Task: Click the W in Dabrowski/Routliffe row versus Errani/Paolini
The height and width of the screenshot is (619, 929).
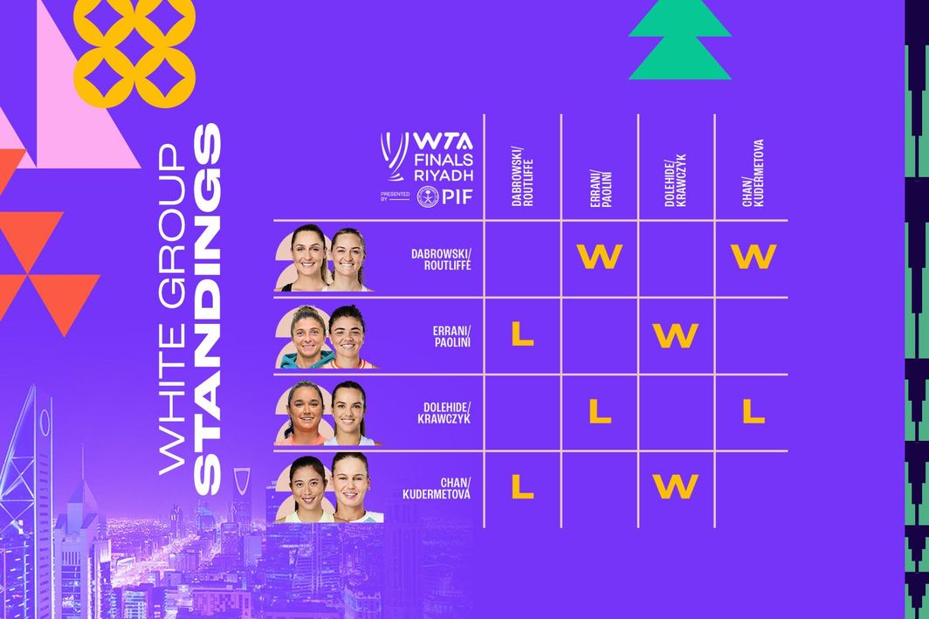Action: pos(599,257)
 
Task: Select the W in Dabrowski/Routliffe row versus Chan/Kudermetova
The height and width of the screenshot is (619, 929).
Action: pos(753,257)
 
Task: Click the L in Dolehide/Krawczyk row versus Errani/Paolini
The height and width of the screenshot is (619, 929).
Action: pos(599,410)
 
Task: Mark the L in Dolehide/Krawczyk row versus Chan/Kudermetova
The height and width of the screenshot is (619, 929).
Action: pos(753,410)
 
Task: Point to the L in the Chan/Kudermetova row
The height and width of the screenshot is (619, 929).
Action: pos(522,487)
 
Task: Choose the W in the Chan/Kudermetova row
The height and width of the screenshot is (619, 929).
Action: pos(676,487)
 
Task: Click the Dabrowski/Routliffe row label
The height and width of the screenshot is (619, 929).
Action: pos(441,258)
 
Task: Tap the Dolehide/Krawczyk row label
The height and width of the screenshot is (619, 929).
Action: pos(445,412)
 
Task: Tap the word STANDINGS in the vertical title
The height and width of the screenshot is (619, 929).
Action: pos(208,310)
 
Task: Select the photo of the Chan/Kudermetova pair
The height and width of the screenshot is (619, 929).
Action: pos(328,489)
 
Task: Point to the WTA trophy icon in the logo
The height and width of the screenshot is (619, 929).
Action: pos(394,157)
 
